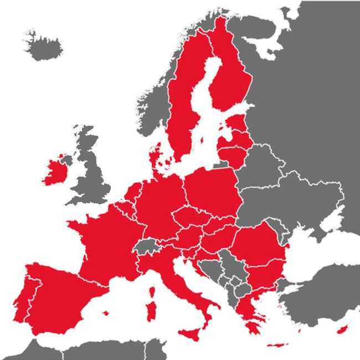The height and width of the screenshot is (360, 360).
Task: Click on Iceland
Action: pos(43,48)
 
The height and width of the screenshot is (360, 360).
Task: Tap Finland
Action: pos(233,83)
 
